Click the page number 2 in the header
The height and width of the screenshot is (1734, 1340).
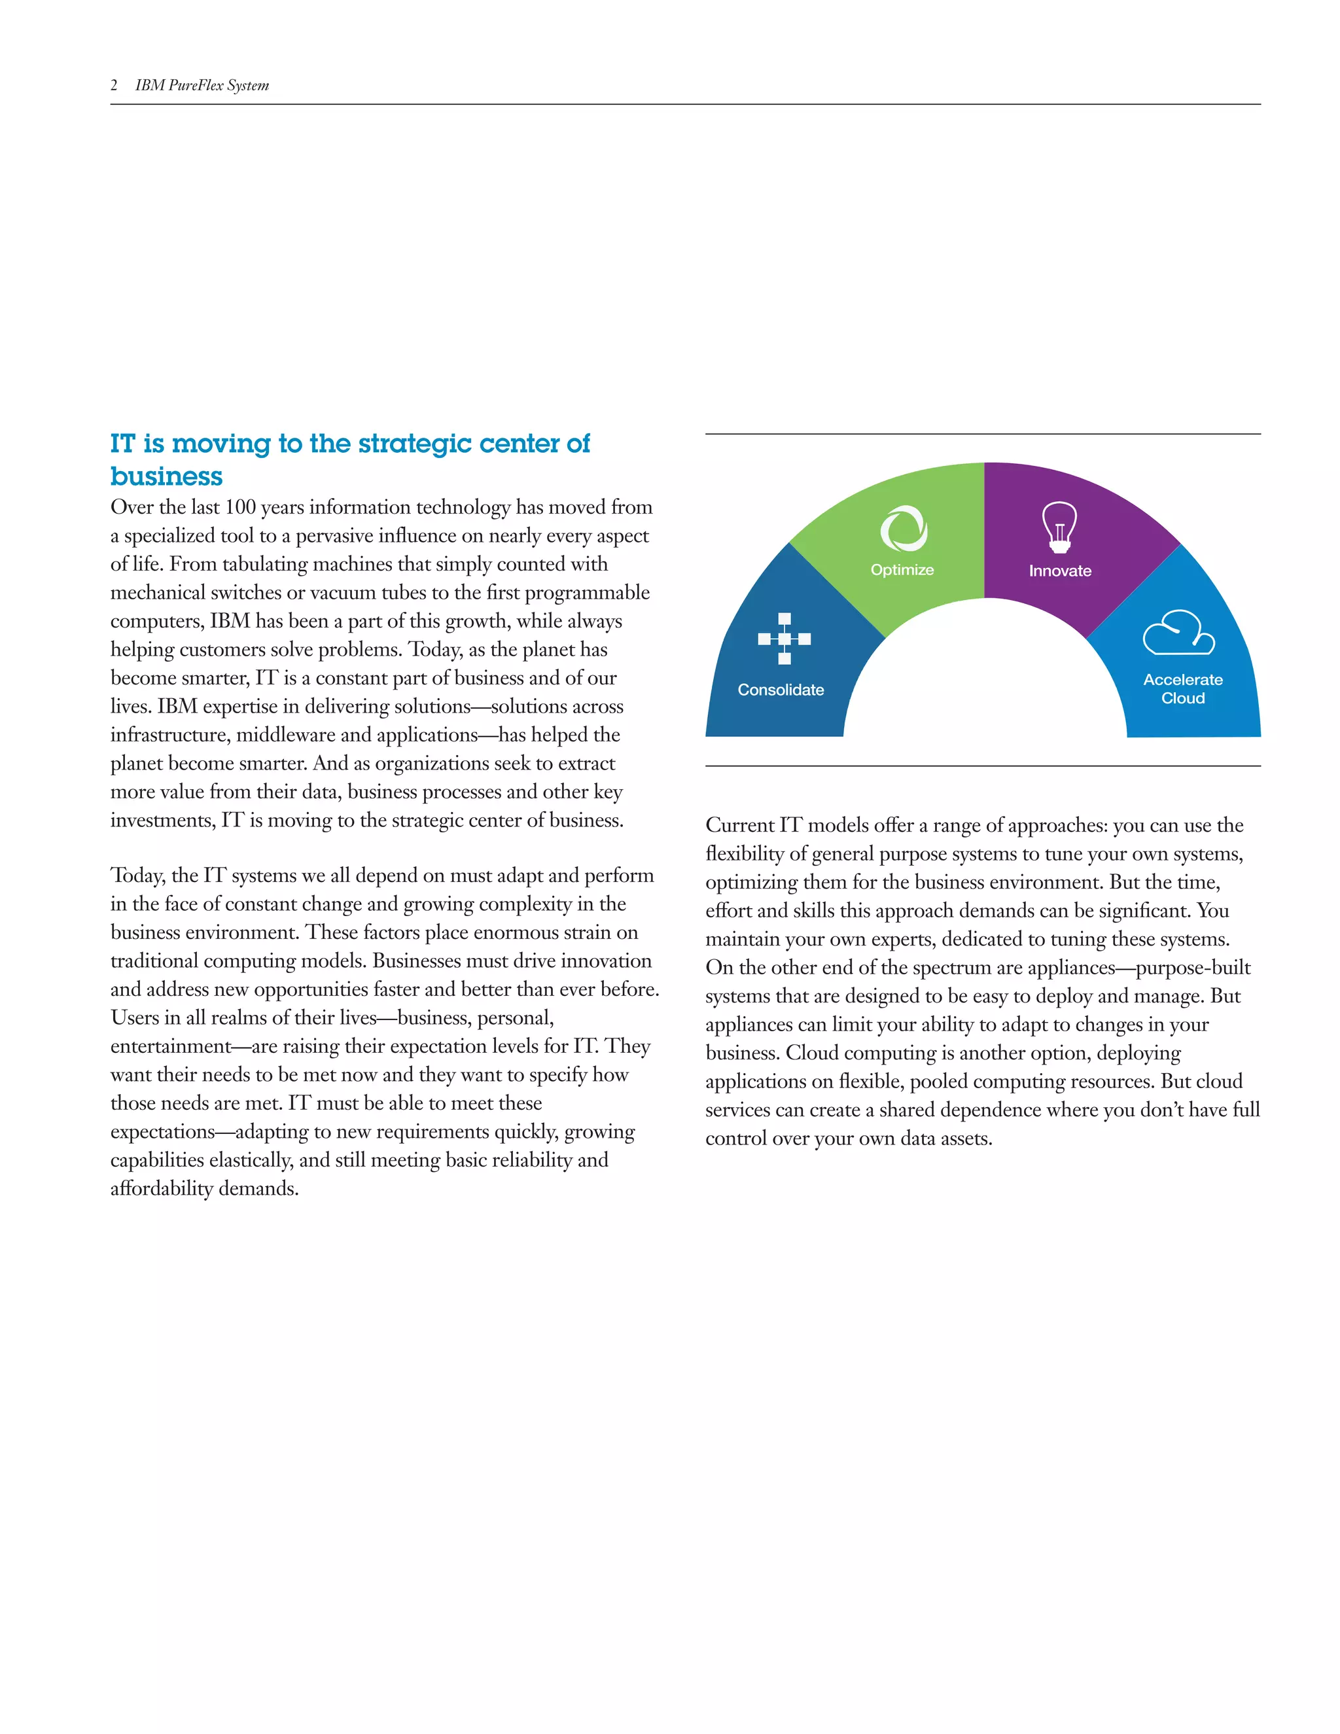115,85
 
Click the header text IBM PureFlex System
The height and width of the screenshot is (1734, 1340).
202,85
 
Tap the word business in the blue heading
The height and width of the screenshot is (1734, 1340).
166,476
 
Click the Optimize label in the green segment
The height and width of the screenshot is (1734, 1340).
902,569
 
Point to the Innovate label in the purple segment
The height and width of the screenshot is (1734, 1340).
1060,570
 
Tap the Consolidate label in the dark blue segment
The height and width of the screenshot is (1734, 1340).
781,689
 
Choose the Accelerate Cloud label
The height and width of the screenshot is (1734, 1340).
1182,688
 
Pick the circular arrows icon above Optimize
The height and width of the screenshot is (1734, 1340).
904,528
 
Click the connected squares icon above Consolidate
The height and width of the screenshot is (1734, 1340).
785,639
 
